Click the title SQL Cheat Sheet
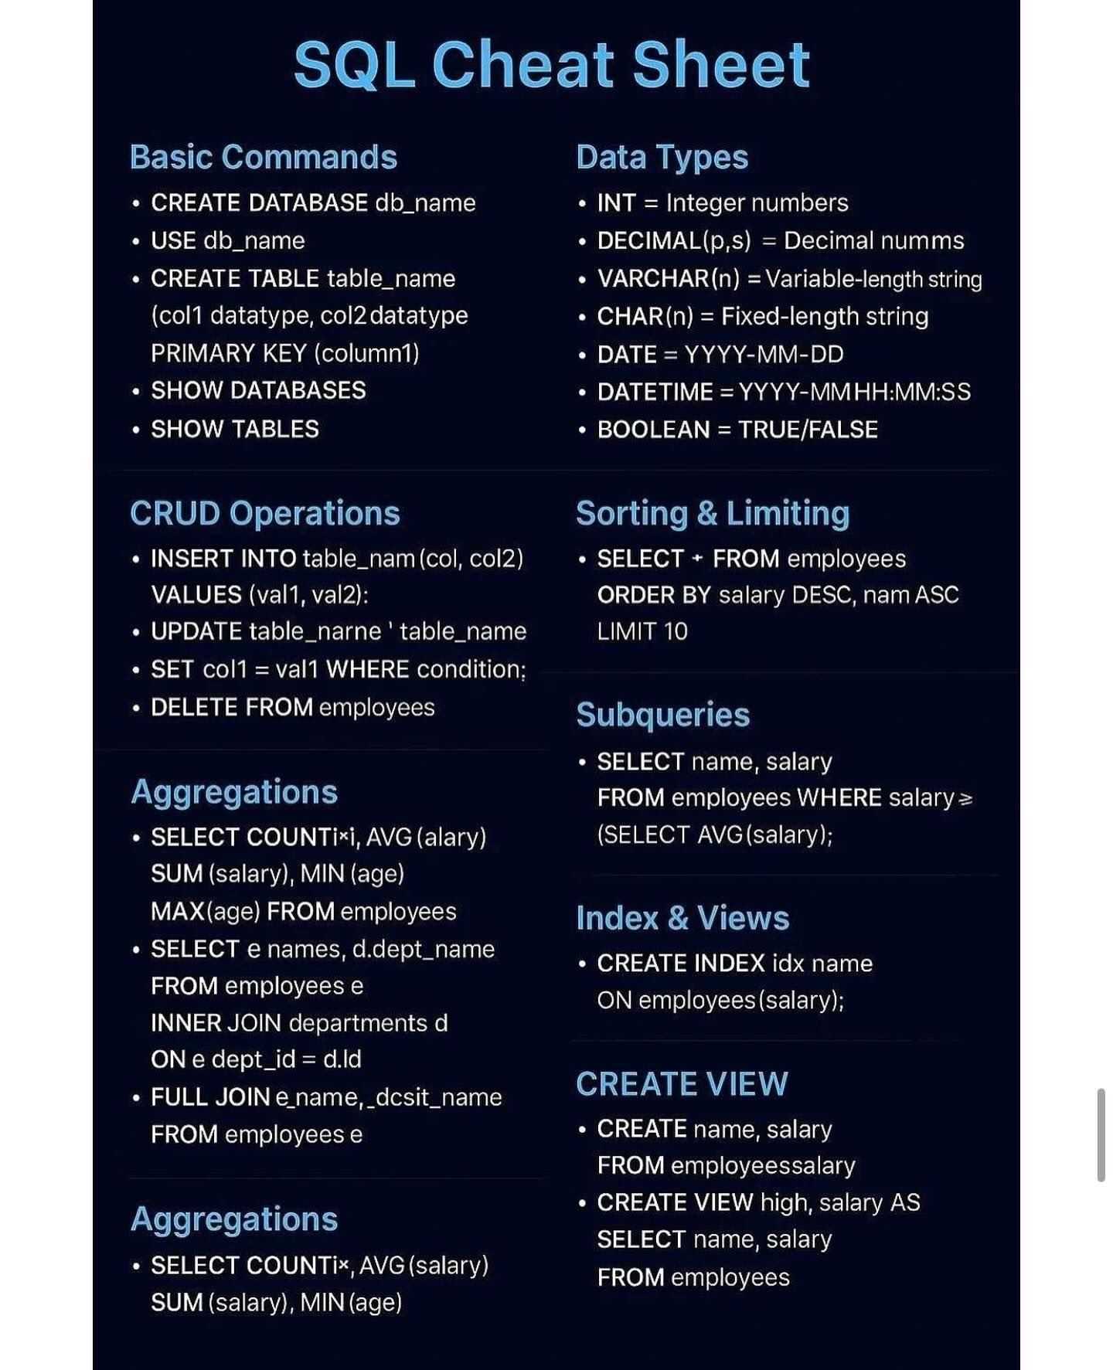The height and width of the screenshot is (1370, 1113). pos(551,65)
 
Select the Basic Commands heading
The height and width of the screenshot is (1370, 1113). pos(263,157)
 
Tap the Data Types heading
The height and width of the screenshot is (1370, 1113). pos(662,157)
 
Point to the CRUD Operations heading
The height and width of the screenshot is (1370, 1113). pos(264,513)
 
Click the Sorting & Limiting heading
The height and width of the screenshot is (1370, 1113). pos(712,513)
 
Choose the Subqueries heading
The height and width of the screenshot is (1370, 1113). pos(662,715)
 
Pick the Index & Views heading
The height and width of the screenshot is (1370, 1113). pos(682,918)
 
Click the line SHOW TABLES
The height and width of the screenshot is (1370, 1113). pos(234,429)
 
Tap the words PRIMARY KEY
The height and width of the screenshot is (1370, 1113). pos(229,353)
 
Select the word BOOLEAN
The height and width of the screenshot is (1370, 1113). pos(653,430)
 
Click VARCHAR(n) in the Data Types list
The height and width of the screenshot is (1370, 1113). pos(668,278)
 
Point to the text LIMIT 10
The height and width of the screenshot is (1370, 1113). pos(642,631)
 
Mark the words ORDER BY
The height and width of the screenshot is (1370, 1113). pos(654,595)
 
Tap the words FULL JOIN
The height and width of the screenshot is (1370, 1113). pos(209,1097)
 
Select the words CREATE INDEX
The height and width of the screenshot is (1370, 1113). pos(680,964)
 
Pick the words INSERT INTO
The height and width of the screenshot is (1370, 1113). pos(223,559)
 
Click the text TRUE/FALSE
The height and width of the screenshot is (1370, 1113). pos(808,430)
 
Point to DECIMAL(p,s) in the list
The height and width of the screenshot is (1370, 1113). pos(673,240)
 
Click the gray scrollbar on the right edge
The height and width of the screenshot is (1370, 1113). pos(1101,1135)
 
